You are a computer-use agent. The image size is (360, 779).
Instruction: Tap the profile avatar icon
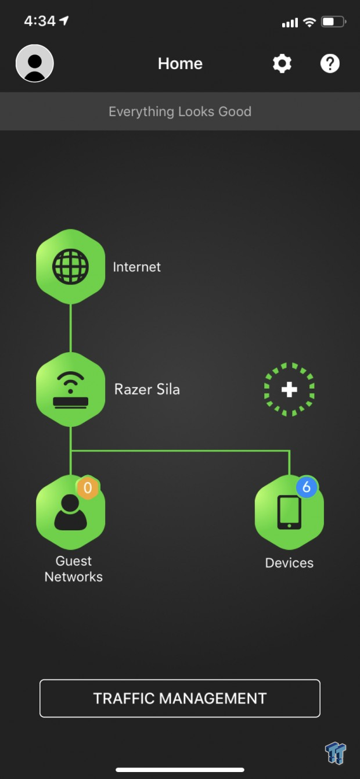coord(35,63)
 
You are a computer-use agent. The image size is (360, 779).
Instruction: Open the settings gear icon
coord(282,64)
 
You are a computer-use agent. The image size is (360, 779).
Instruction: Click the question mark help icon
coord(330,64)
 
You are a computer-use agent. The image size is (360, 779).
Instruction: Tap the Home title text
coord(180,64)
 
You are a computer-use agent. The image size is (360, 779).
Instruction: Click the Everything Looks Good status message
coord(180,112)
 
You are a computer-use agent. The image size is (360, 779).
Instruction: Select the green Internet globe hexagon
coord(70,267)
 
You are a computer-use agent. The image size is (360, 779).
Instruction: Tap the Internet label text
coord(136,267)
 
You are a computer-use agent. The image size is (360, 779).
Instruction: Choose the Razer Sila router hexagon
coord(70,389)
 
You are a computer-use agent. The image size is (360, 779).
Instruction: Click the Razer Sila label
coord(147,389)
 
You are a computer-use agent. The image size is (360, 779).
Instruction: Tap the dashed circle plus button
coord(289,389)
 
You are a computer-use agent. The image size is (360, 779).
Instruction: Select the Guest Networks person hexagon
coord(70,512)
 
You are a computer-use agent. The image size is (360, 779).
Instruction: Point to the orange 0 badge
coord(88,488)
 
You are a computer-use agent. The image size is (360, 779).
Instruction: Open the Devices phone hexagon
coord(289,512)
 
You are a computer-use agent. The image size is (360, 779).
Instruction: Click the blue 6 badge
coord(307,487)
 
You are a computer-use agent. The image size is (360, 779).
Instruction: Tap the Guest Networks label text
coord(74,569)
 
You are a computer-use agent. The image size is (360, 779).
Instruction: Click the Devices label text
coord(290,563)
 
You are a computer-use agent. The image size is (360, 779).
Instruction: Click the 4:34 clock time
coord(39,21)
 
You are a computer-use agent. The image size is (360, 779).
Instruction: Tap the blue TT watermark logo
coord(336,753)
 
